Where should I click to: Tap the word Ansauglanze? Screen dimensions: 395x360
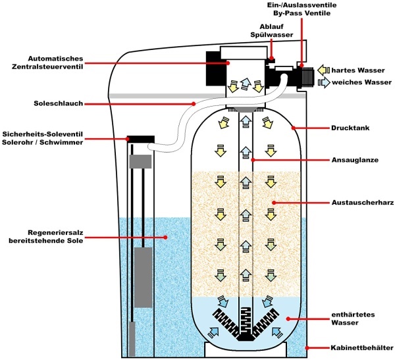[355, 160]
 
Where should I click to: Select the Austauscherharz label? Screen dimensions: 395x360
[363, 203]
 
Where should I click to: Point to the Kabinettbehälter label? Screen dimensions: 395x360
[361, 348]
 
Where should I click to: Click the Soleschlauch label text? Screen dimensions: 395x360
[59, 103]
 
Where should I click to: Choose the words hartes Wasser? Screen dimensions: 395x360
[358, 70]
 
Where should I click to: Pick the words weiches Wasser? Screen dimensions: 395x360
[361, 82]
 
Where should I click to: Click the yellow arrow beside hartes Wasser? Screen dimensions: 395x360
[323, 70]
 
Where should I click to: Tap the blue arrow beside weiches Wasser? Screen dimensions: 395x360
[324, 82]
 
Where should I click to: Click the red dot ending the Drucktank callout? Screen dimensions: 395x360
[293, 128]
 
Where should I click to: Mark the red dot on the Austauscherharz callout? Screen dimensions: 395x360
[274, 203]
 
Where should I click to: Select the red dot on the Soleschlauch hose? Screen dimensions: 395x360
[194, 103]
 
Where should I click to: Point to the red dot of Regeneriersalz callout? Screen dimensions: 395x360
[165, 237]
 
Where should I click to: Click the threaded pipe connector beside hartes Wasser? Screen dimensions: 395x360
[307, 76]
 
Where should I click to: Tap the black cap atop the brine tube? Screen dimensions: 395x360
[141, 139]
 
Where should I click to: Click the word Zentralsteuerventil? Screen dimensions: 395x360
[47, 67]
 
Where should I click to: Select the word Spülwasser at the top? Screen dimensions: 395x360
[271, 35]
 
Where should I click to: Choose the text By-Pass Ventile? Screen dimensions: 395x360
[302, 13]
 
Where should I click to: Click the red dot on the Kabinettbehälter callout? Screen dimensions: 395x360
[307, 348]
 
